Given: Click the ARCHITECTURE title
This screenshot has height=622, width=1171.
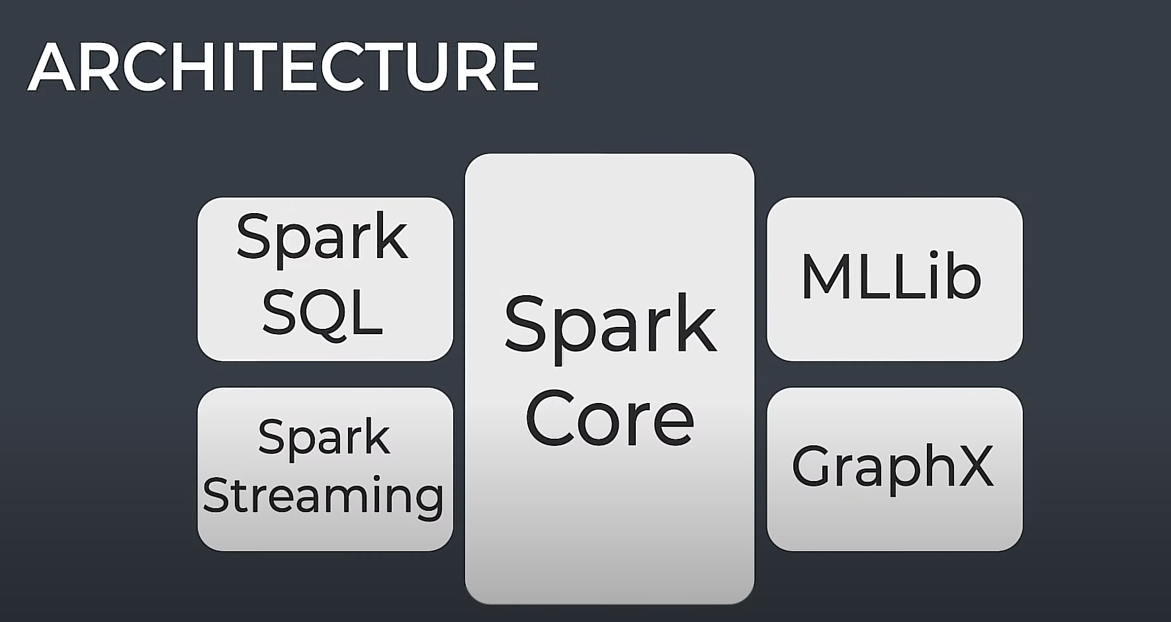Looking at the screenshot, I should [283, 67].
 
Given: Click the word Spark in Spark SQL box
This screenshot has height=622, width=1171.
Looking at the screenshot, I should [322, 238].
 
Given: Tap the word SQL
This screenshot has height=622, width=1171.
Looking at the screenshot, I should [322, 313].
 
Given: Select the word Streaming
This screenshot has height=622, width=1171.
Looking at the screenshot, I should [323, 496].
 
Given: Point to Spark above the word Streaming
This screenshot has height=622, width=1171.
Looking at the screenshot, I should [324, 437].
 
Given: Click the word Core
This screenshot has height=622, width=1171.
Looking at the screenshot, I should [609, 419].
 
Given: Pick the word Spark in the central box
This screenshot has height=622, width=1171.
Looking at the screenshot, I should [610, 324].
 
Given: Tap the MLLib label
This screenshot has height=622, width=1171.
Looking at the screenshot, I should [891, 278].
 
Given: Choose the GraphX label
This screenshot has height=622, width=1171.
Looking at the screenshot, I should [892, 466].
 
